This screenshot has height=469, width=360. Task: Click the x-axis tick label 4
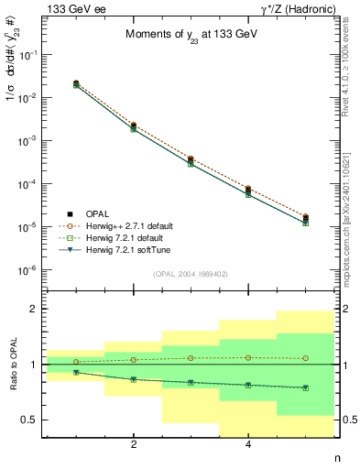248,445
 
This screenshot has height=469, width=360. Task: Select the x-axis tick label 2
134,445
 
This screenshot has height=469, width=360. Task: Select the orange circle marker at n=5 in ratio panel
305,358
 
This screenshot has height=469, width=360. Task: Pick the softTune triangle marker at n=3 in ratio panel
191,383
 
